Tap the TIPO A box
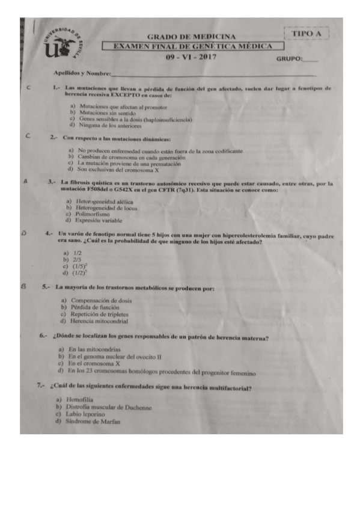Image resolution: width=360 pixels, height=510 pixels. [x=307, y=34]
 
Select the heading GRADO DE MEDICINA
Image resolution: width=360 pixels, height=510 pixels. [x=191, y=37]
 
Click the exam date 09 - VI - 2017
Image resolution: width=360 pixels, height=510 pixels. [x=192, y=57]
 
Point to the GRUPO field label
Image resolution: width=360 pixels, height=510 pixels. [x=289, y=59]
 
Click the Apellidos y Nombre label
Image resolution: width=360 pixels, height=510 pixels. [x=82, y=73]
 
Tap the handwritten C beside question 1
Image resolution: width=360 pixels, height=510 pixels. [x=29, y=88]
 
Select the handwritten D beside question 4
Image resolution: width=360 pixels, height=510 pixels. [x=23, y=232]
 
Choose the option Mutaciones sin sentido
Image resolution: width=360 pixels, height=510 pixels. [x=108, y=113]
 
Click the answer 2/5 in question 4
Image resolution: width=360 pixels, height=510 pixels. [x=78, y=259]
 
